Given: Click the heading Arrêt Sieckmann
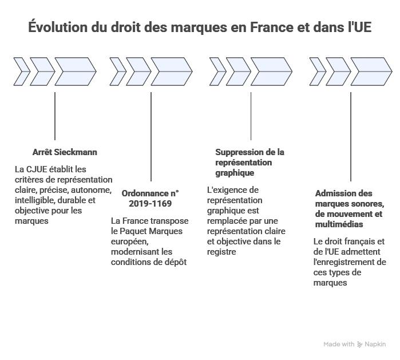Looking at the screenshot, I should click(x=65, y=153).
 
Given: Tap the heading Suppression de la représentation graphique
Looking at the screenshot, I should click(x=249, y=162).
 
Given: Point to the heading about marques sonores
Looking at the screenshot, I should click(x=349, y=204).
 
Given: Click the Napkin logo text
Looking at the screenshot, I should click(x=375, y=345).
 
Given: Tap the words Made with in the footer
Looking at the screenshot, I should click(x=339, y=345).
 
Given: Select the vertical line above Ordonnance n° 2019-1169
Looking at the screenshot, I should click(x=151, y=137).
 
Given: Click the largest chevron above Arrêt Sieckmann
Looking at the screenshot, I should click(x=75, y=70).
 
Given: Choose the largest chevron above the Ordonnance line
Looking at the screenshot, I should click(x=171, y=70).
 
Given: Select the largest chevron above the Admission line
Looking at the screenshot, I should click(x=367, y=70).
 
